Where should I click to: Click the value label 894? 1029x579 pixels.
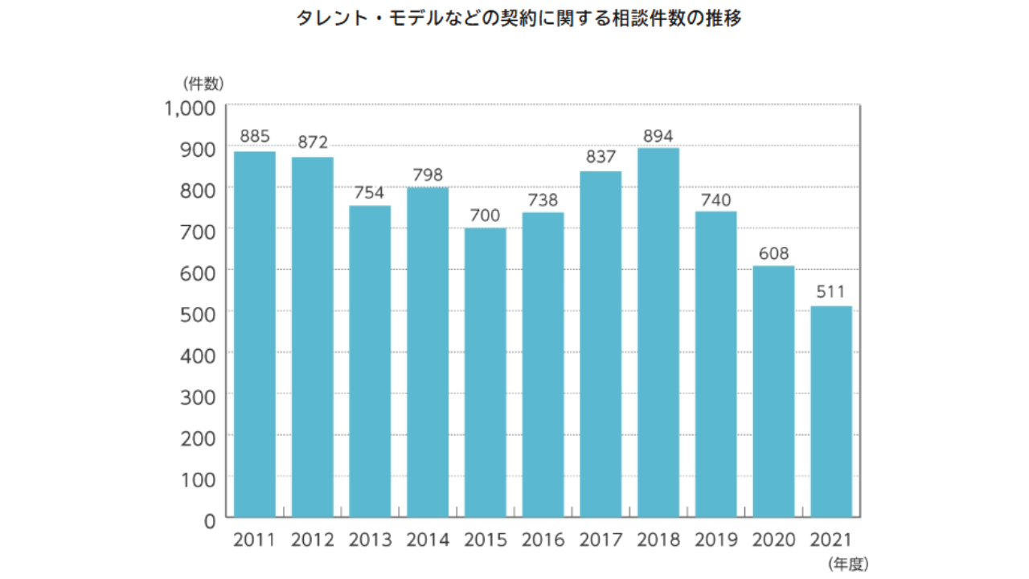tap(658, 135)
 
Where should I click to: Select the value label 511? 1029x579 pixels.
tap(831, 293)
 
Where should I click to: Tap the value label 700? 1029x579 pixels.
tap(486, 215)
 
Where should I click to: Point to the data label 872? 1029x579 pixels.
tap(312, 142)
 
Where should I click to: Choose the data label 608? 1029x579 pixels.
tap(773, 253)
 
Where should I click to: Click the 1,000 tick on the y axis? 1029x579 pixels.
tap(191, 108)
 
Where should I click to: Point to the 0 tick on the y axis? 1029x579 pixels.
tap(209, 520)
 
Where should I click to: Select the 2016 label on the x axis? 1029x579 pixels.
tap(543, 540)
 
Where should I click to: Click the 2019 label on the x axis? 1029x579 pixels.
tap(715, 540)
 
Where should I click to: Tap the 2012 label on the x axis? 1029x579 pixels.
tap(312, 540)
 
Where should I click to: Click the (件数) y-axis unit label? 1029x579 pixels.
tap(203, 82)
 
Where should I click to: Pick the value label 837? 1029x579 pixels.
tap(601, 158)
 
